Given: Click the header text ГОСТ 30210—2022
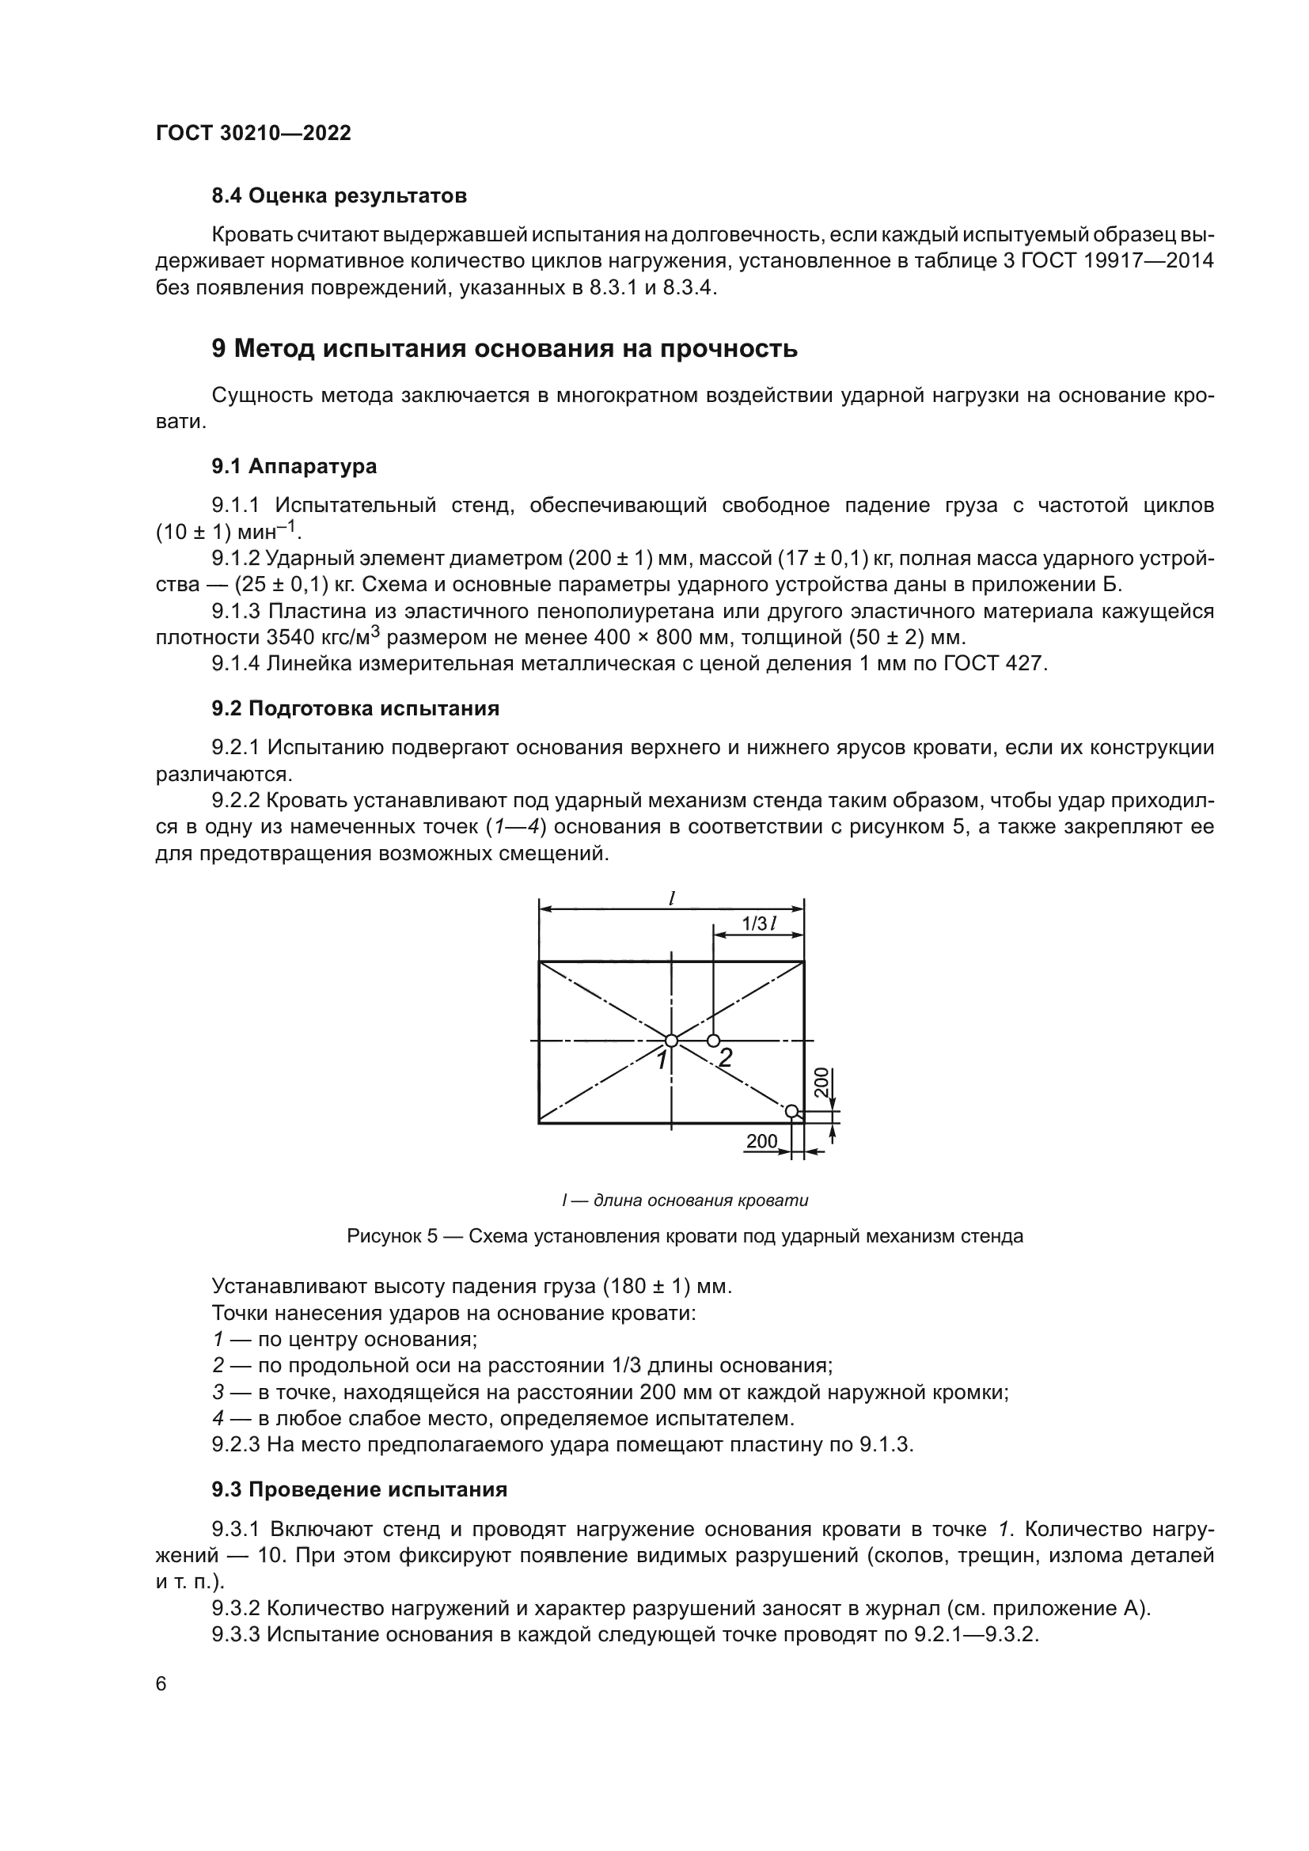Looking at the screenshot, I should pos(253,134).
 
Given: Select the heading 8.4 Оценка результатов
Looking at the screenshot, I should pos(339,196).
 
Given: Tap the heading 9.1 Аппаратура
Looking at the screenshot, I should pos(294,467).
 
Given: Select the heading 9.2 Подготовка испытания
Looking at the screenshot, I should pos(355,708).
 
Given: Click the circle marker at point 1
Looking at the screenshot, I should pos(671,1041).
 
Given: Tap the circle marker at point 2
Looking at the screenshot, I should pos(713,1041).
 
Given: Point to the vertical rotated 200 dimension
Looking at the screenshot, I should pos(821,1082).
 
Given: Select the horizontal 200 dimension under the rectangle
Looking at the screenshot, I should pos(761,1142).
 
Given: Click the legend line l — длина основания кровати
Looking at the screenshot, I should pos(685,1200).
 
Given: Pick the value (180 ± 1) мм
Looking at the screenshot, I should pos(666,1287).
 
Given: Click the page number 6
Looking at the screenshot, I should pos(161,1684).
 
